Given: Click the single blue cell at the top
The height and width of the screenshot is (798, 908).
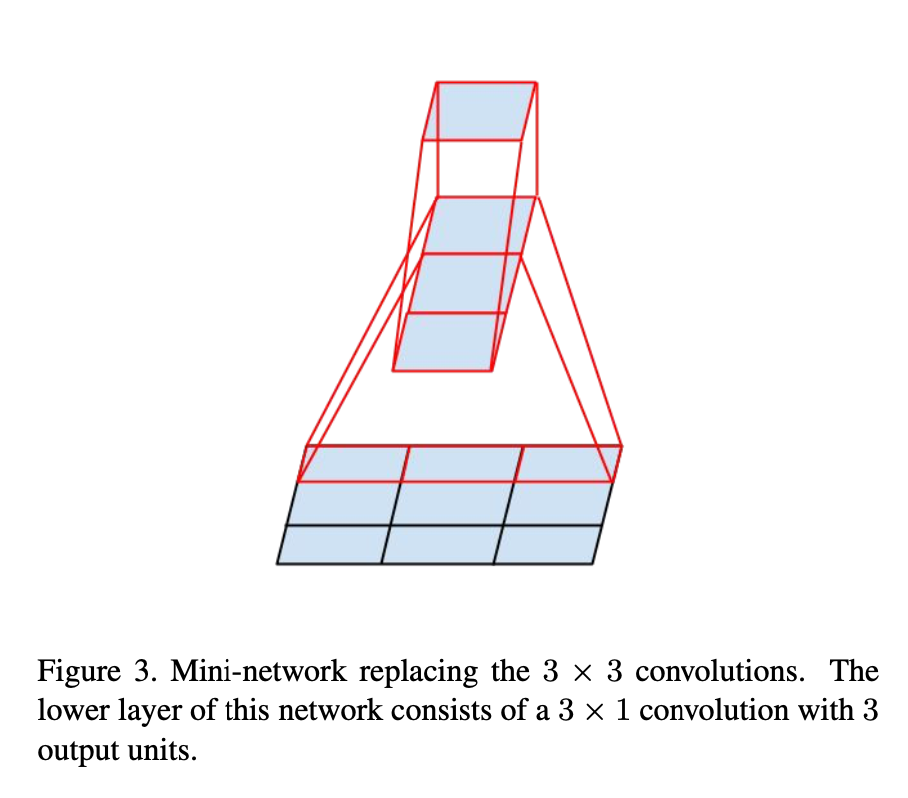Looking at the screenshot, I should click(x=480, y=111).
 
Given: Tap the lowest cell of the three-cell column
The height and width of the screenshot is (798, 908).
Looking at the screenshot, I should click(x=448, y=342).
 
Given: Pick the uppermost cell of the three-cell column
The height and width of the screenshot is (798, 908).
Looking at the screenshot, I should click(x=479, y=226).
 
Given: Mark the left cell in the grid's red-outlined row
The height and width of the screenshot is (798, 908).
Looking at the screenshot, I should click(x=354, y=464).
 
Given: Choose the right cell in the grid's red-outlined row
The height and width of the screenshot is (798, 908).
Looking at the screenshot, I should click(x=566, y=464).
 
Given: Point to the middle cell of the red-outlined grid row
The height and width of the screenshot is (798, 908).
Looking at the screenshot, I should click(x=462, y=464).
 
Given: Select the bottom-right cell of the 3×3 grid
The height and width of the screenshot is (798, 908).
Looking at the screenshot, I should click(x=545, y=545).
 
